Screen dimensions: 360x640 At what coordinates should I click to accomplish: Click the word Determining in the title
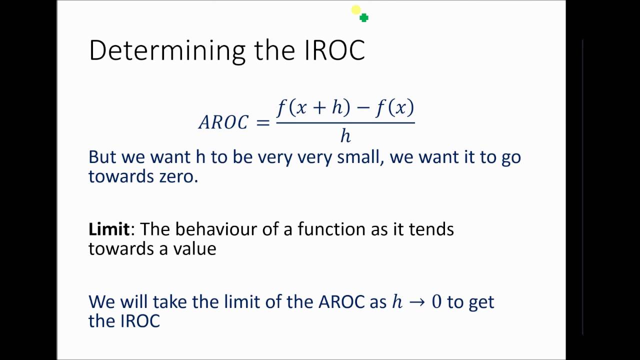pyautogui.click(x=167, y=51)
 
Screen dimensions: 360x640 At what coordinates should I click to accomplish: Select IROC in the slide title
pyautogui.click(x=335, y=51)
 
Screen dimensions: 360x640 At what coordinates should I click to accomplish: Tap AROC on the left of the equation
pyautogui.click(x=223, y=122)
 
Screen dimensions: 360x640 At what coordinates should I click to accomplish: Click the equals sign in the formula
pyautogui.click(x=262, y=122)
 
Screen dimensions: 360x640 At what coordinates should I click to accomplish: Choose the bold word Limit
pyautogui.click(x=109, y=229)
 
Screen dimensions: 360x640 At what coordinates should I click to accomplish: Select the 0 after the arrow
pyautogui.click(x=436, y=302)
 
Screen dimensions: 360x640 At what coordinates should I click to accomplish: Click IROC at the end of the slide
pyautogui.click(x=140, y=321)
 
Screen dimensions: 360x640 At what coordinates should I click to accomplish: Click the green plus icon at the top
pyautogui.click(x=364, y=18)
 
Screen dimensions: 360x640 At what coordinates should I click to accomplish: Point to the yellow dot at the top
pyautogui.click(x=355, y=10)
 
